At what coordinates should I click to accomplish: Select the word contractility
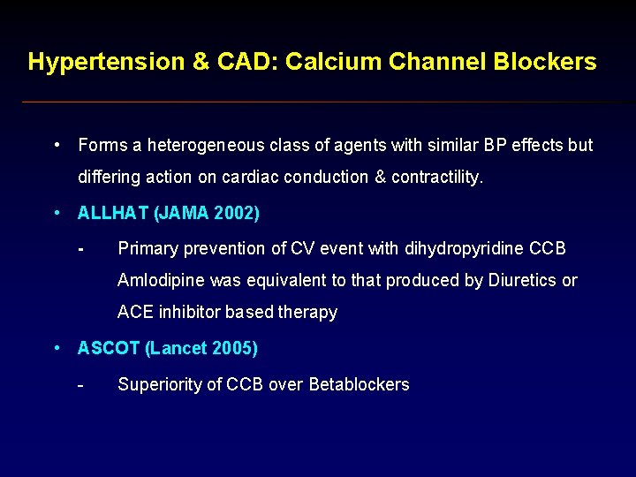click(x=437, y=177)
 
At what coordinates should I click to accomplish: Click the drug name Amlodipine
click(x=158, y=280)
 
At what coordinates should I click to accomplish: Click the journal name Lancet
click(x=178, y=348)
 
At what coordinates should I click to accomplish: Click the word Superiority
click(x=157, y=384)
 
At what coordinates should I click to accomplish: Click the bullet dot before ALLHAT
click(x=57, y=214)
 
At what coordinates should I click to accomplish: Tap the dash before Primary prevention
click(x=80, y=248)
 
